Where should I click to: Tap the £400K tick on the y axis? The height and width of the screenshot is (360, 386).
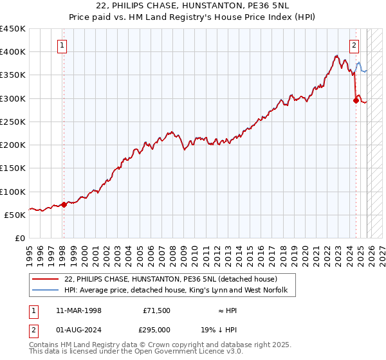(13, 52)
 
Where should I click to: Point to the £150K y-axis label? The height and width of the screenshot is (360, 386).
(13, 168)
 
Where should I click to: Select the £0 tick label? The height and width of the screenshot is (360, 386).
(19, 239)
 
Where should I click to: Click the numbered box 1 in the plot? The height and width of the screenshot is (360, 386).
(62, 45)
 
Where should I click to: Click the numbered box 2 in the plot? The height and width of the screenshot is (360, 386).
(354, 45)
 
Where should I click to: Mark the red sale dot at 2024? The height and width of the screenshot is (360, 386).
(356, 100)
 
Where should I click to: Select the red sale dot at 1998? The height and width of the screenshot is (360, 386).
(64, 204)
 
